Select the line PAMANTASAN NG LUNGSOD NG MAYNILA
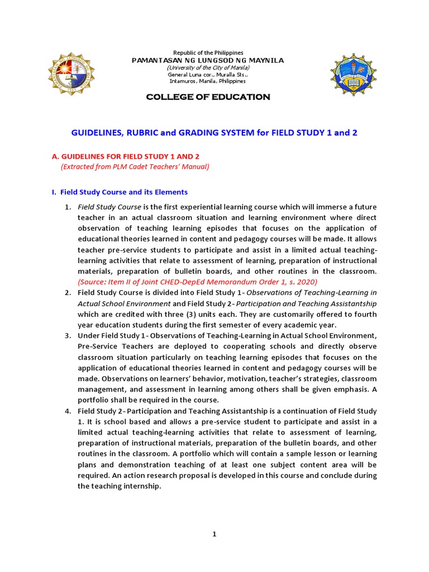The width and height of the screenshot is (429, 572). pos(208,60)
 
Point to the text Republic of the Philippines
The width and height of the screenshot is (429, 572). pos(208,53)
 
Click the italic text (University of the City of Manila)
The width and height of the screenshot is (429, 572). pos(208,67)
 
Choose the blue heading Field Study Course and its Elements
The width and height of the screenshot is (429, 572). pos(120,192)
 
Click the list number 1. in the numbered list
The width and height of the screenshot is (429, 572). pos(67,207)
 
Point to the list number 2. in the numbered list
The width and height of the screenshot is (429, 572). pos(67,293)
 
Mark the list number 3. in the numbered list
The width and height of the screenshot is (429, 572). pos(67,336)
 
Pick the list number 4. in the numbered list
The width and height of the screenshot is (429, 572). pos(67,411)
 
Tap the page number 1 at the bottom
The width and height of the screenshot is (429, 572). pos(214,535)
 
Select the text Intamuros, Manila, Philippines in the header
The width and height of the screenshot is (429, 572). pos(208,81)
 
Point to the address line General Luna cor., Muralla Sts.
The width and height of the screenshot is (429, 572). pos(208,74)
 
